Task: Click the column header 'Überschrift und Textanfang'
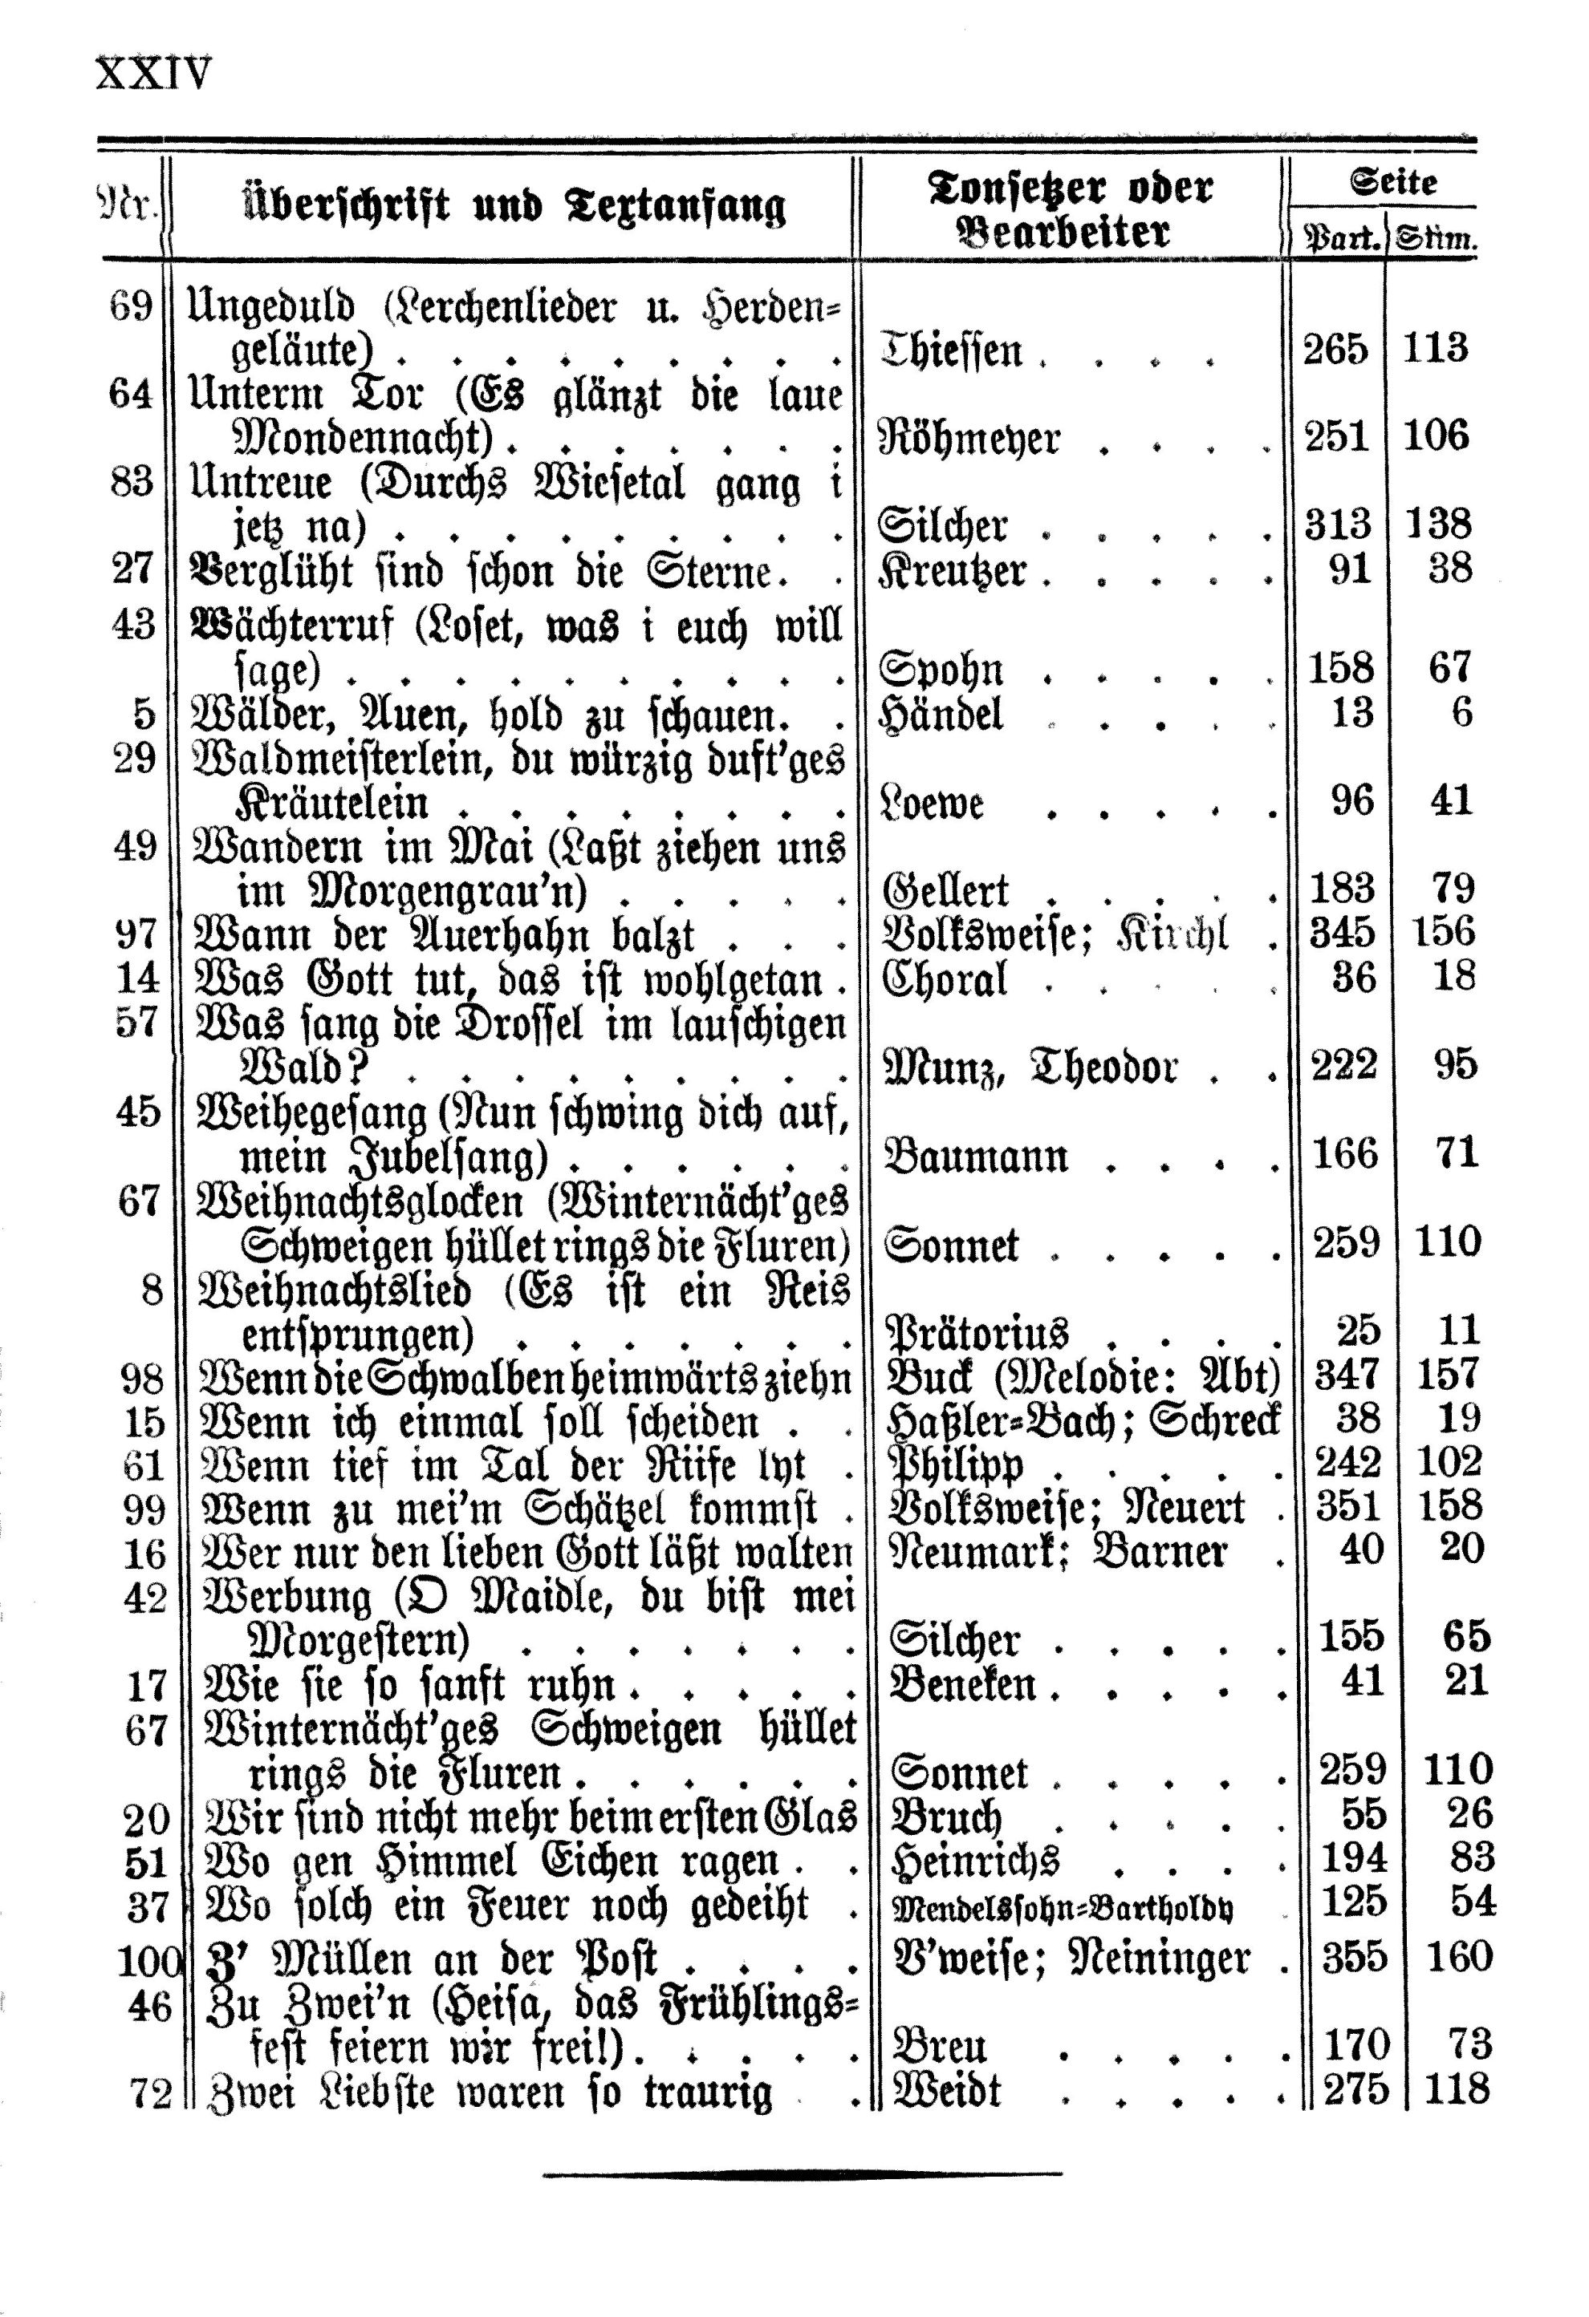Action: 514,209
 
